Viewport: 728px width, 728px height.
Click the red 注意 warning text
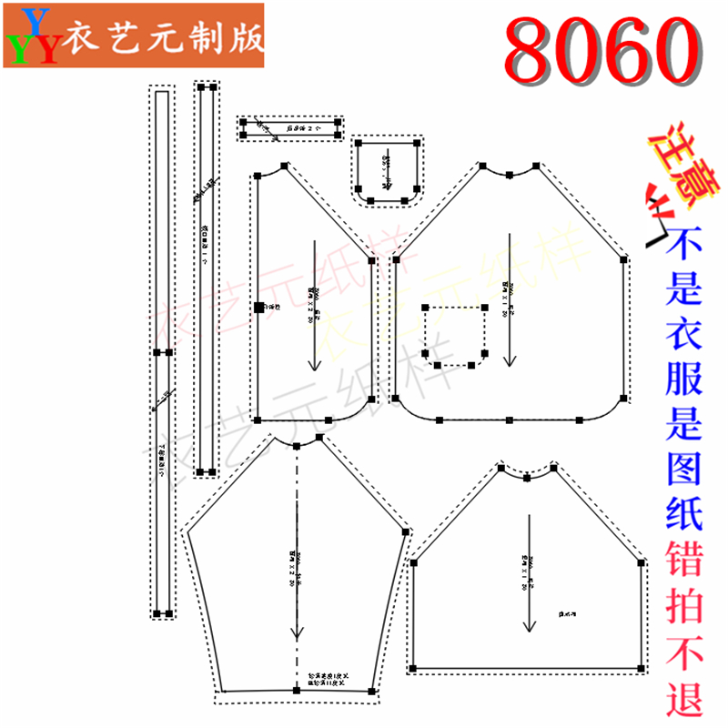coord(674,164)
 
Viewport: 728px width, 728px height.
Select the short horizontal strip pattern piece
coord(289,128)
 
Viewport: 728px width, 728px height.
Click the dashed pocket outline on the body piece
coord(455,335)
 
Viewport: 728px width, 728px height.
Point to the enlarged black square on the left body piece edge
coord(258,308)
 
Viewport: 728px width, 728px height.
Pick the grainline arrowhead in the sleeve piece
coord(296,634)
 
